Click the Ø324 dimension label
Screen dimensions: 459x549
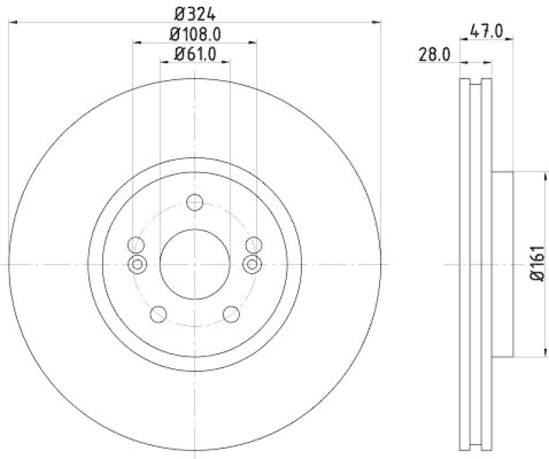click(196, 12)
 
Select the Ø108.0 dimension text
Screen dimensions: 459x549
click(196, 34)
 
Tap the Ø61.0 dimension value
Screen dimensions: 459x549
click(196, 54)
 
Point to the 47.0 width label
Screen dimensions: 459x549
click(487, 31)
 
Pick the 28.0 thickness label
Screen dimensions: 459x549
click(434, 55)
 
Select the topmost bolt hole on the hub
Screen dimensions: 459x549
click(195, 202)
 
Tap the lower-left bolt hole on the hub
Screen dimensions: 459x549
click(159, 314)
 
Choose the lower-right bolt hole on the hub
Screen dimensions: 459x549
click(231, 314)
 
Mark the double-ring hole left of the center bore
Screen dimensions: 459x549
click(137, 264)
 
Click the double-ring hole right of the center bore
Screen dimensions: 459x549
click(253, 264)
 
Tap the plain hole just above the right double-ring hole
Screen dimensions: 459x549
click(253, 244)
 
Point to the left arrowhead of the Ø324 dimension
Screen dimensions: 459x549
click(12, 23)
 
